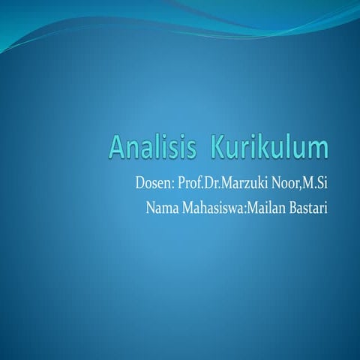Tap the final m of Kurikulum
click(319, 149)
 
